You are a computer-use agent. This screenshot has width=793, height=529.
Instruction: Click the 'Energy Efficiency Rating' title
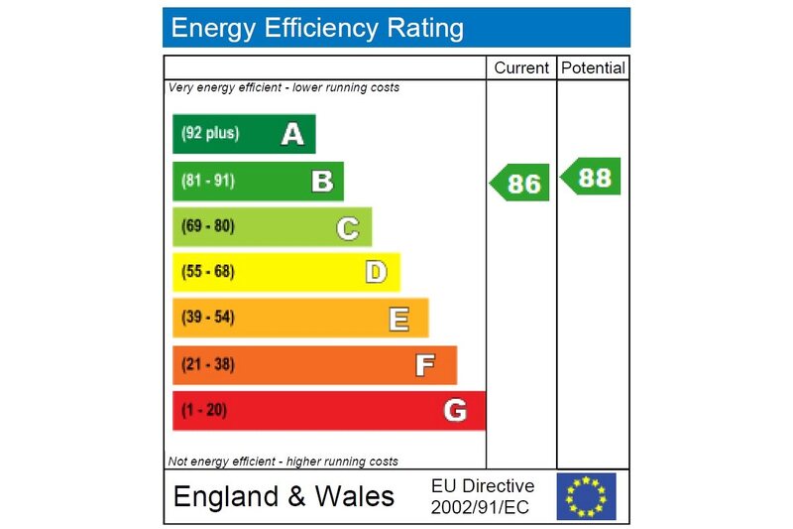click(317, 28)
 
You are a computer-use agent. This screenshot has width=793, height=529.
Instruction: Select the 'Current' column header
click(521, 68)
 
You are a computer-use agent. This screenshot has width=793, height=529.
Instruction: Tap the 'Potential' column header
click(593, 68)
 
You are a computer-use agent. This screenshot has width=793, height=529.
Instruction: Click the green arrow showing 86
click(520, 183)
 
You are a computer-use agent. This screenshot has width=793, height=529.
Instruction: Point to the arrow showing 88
click(592, 177)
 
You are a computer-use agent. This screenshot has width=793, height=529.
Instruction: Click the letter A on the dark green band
click(291, 134)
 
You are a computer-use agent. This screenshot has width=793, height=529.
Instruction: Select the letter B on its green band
click(321, 182)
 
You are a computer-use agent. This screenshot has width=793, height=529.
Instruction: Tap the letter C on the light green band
click(347, 227)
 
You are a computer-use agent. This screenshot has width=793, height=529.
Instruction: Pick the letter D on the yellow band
click(376, 272)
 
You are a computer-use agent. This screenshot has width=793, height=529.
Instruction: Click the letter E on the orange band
click(398, 319)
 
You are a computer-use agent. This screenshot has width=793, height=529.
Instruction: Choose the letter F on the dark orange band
click(424, 365)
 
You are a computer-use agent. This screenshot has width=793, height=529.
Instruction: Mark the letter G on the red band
click(455, 410)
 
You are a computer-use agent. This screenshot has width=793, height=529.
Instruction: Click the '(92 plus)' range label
click(209, 134)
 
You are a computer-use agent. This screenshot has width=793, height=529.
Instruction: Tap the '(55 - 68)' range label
click(207, 272)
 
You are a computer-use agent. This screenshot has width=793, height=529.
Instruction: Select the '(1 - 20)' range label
click(203, 410)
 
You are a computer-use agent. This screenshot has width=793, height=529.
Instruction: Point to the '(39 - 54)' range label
click(207, 319)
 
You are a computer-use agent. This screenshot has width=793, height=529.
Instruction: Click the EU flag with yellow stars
click(586, 496)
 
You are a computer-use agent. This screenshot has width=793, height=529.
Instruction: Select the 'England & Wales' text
click(283, 496)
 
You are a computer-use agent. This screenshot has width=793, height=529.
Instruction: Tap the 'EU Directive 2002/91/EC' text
click(483, 496)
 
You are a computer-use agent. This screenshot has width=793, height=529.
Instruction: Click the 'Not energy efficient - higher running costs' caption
click(283, 462)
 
